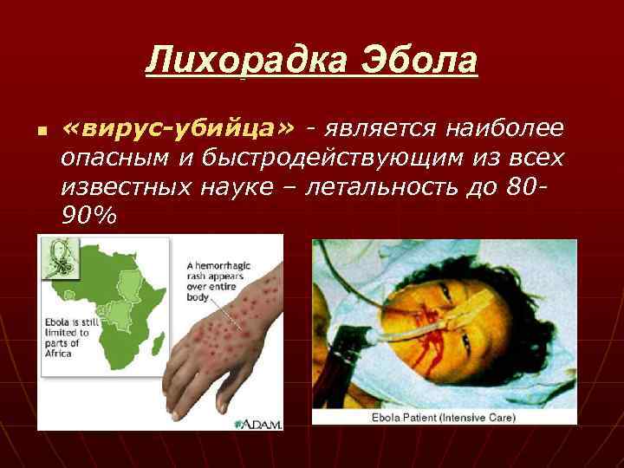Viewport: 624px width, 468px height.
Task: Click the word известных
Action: tap(120, 187)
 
